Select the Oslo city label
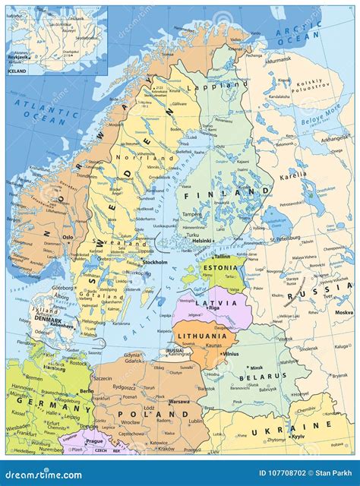(x=68, y=235)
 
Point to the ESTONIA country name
(x=221, y=267)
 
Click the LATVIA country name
(x=210, y=301)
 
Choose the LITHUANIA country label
(x=201, y=335)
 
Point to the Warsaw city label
(x=179, y=400)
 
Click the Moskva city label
(x=344, y=312)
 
